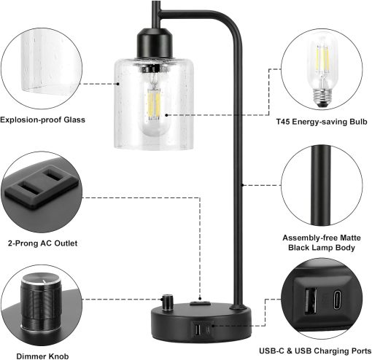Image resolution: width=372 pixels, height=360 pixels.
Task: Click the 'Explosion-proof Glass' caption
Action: click(x=43, y=120)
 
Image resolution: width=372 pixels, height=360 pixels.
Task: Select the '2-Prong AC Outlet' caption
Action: click(x=42, y=242)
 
